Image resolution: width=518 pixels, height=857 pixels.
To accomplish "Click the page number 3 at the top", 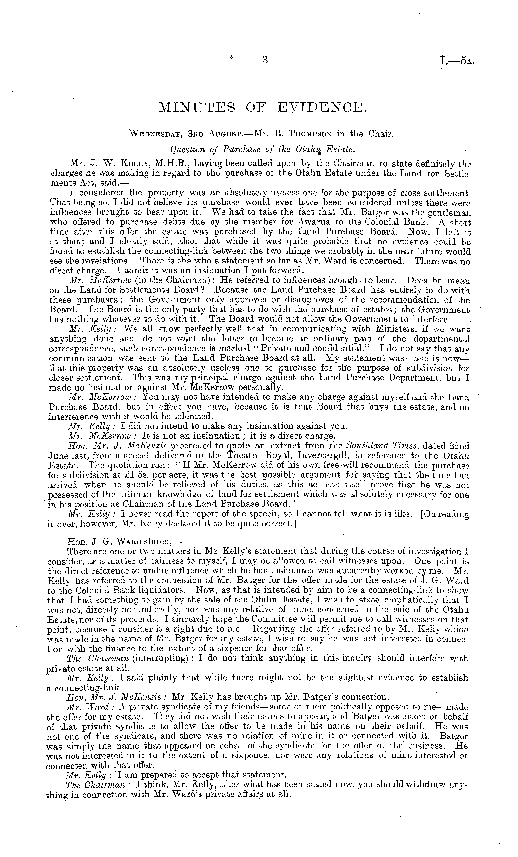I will point(265,60).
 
